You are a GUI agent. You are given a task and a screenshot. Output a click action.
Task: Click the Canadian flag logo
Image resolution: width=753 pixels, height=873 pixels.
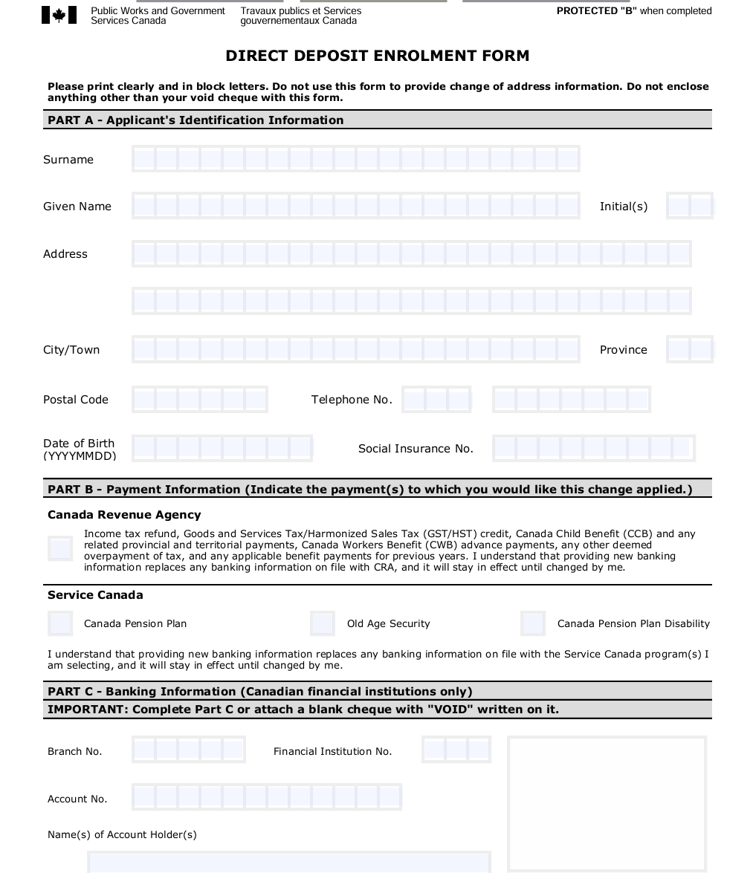59,15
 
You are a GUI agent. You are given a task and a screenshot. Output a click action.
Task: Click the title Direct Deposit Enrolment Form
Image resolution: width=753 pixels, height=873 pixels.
377,56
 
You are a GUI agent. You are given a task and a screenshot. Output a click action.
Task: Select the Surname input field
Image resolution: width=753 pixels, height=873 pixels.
355,159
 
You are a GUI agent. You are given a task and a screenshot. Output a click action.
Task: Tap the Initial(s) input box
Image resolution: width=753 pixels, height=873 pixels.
689,206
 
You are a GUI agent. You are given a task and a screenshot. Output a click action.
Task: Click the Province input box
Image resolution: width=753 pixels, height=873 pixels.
689,349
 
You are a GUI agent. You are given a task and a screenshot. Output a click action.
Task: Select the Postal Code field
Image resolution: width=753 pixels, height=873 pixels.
199,400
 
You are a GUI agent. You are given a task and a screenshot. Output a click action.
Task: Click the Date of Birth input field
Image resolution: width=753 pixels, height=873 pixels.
222,448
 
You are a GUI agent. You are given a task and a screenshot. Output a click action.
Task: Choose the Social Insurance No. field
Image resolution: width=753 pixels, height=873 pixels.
593,448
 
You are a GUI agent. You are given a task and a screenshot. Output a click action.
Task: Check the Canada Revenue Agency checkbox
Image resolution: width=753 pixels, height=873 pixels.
60,549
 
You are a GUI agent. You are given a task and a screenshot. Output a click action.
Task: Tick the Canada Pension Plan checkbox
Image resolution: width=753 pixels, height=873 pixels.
60,623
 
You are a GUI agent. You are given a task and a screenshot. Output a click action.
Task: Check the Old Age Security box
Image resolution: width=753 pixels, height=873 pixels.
323,623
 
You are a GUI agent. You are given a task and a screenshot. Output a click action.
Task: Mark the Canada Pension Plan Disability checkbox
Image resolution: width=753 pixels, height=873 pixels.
533,623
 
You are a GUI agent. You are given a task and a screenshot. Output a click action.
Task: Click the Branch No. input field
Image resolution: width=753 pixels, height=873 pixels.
188,750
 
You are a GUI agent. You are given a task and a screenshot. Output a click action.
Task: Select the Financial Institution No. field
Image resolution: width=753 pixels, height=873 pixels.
456,750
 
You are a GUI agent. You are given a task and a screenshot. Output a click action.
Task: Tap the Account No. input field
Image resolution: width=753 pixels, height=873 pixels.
266,797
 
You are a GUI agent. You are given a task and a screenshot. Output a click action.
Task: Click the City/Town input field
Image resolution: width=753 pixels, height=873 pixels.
355,349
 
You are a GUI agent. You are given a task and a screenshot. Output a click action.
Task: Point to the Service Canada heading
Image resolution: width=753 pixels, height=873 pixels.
95,595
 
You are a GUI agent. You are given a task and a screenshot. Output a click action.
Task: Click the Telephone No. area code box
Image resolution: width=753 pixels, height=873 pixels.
436,400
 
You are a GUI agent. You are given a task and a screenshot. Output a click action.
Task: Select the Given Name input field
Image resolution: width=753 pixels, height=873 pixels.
355,206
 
